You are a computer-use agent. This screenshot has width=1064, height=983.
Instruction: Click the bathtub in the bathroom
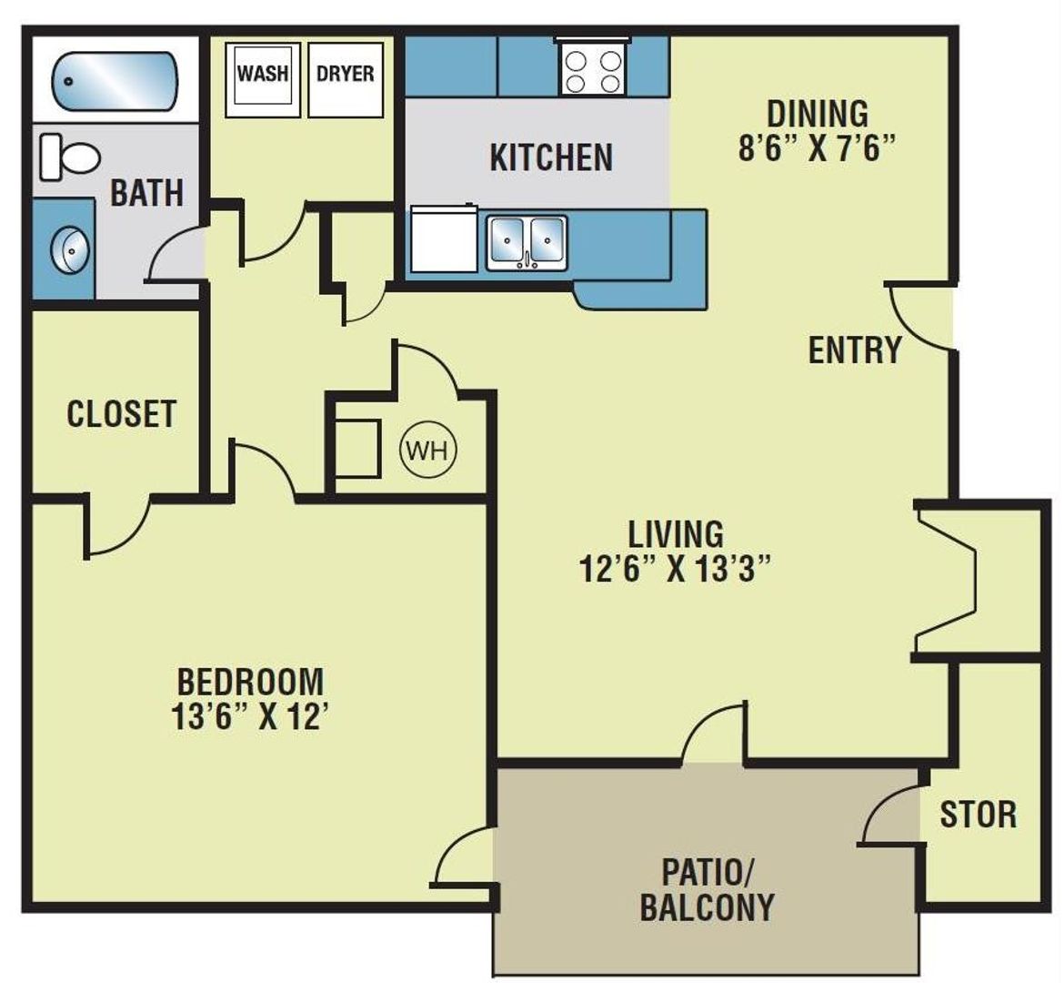pos(114,81)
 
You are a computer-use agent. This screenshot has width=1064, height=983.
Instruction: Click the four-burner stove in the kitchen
pos(593,72)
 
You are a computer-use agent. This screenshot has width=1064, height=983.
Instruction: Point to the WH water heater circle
pos(428,450)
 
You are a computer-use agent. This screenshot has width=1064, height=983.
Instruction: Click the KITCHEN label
pos(551,157)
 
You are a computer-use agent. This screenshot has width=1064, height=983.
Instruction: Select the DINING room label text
pos(818,115)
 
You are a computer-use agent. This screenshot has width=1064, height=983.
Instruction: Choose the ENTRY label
pos(854,350)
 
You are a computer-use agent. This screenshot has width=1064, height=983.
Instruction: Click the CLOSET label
pos(121,414)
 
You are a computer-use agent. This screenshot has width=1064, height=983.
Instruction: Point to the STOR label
pos(978,815)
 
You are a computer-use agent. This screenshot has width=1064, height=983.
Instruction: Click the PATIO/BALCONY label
pos(707,889)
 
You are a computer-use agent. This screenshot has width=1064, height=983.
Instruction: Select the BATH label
pos(146,193)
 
